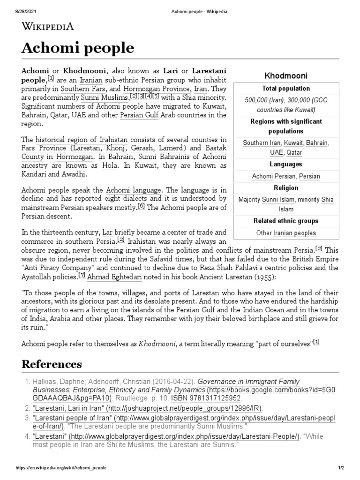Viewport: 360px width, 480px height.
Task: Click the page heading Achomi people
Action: (78, 48)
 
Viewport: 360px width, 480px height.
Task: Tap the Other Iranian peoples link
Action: (286, 233)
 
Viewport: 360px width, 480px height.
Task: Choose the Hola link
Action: (110, 166)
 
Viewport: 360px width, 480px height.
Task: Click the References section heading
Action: (52, 364)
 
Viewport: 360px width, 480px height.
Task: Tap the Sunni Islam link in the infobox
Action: (278, 200)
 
